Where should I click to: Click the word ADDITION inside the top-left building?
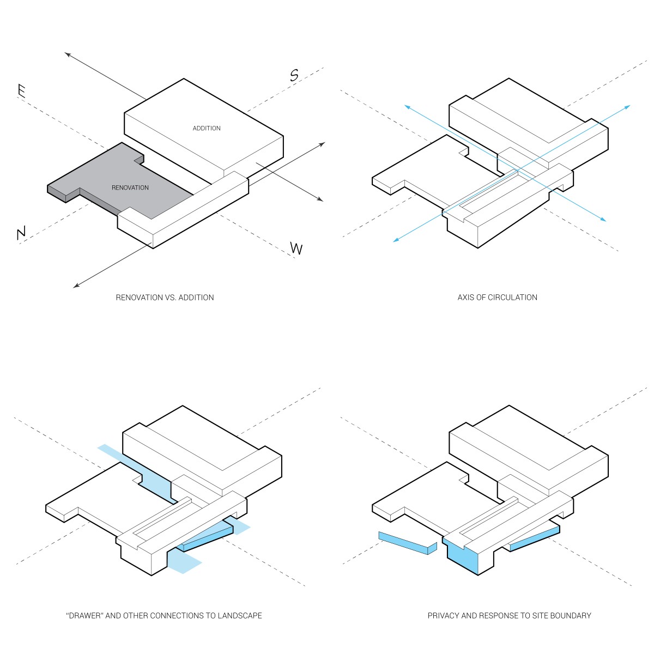point(207,128)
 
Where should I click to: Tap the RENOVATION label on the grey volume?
point(130,187)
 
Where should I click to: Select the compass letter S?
point(294,75)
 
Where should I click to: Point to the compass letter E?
point(22,91)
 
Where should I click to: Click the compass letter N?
point(21,234)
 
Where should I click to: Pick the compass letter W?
point(296,249)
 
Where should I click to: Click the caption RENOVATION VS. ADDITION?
point(165,298)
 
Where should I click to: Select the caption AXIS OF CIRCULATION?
point(497,298)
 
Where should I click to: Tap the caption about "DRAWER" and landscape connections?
point(163,616)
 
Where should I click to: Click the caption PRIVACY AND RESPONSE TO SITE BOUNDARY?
point(509,616)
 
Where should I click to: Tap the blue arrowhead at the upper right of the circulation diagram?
point(627,106)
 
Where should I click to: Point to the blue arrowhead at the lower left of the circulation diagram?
point(396,240)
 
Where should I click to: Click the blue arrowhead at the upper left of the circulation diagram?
point(406,107)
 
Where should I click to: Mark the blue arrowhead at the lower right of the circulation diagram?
point(603,220)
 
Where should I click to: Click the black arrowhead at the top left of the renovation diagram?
point(67,54)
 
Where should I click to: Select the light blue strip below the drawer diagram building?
point(182,561)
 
